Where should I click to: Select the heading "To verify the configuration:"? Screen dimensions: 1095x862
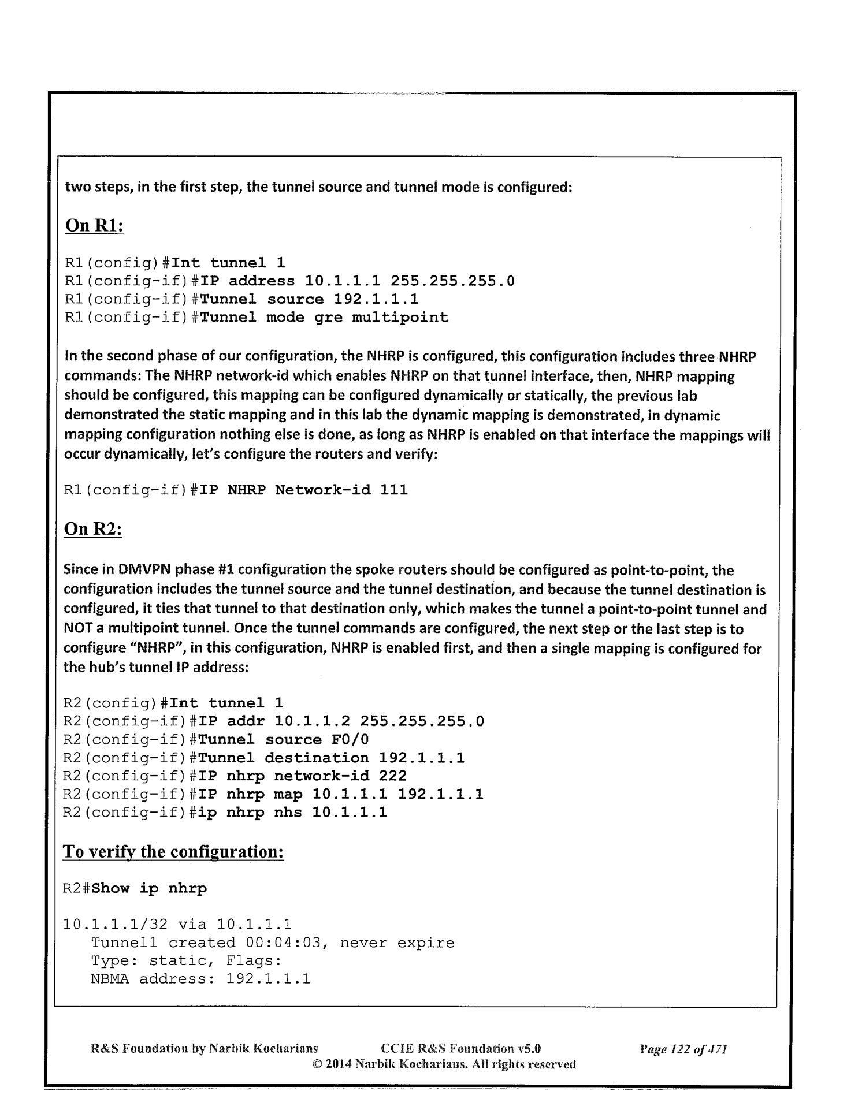[x=173, y=851]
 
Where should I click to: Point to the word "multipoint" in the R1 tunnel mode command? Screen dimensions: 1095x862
[x=400, y=318]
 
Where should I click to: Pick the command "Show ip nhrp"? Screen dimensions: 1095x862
[x=149, y=888]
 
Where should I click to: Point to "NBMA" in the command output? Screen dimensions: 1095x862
[x=110, y=979]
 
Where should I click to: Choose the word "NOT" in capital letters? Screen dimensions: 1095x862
[x=76, y=629]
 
